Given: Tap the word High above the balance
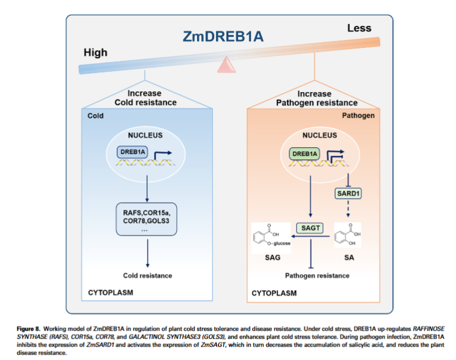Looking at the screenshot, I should [x=96, y=52].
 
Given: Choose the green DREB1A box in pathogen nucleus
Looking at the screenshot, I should [x=305, y=153].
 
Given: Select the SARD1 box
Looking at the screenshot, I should [x=347, y=194].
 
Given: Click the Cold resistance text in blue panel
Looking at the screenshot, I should [x=147, y=275].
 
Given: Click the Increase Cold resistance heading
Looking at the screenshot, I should [x=145, y=98].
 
